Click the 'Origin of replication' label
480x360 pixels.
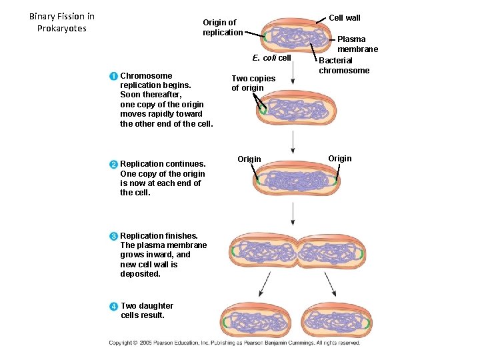click(x=223, y=27)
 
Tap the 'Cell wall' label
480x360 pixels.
click(x=345, y=17)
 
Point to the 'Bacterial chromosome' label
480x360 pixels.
click(x=344, y=65)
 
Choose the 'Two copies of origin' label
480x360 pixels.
click(x=253, y=83)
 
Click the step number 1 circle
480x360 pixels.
click(x=114, y=76)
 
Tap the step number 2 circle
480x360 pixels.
click(x=114, y=164)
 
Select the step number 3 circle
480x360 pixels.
click(x=114, y=236)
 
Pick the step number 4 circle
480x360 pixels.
click(x=114, y=306)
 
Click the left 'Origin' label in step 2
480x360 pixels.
click(x=249, y=159)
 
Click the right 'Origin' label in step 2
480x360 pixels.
click(x=339, y=158)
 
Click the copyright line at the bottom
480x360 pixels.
click(x=235, y=343)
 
